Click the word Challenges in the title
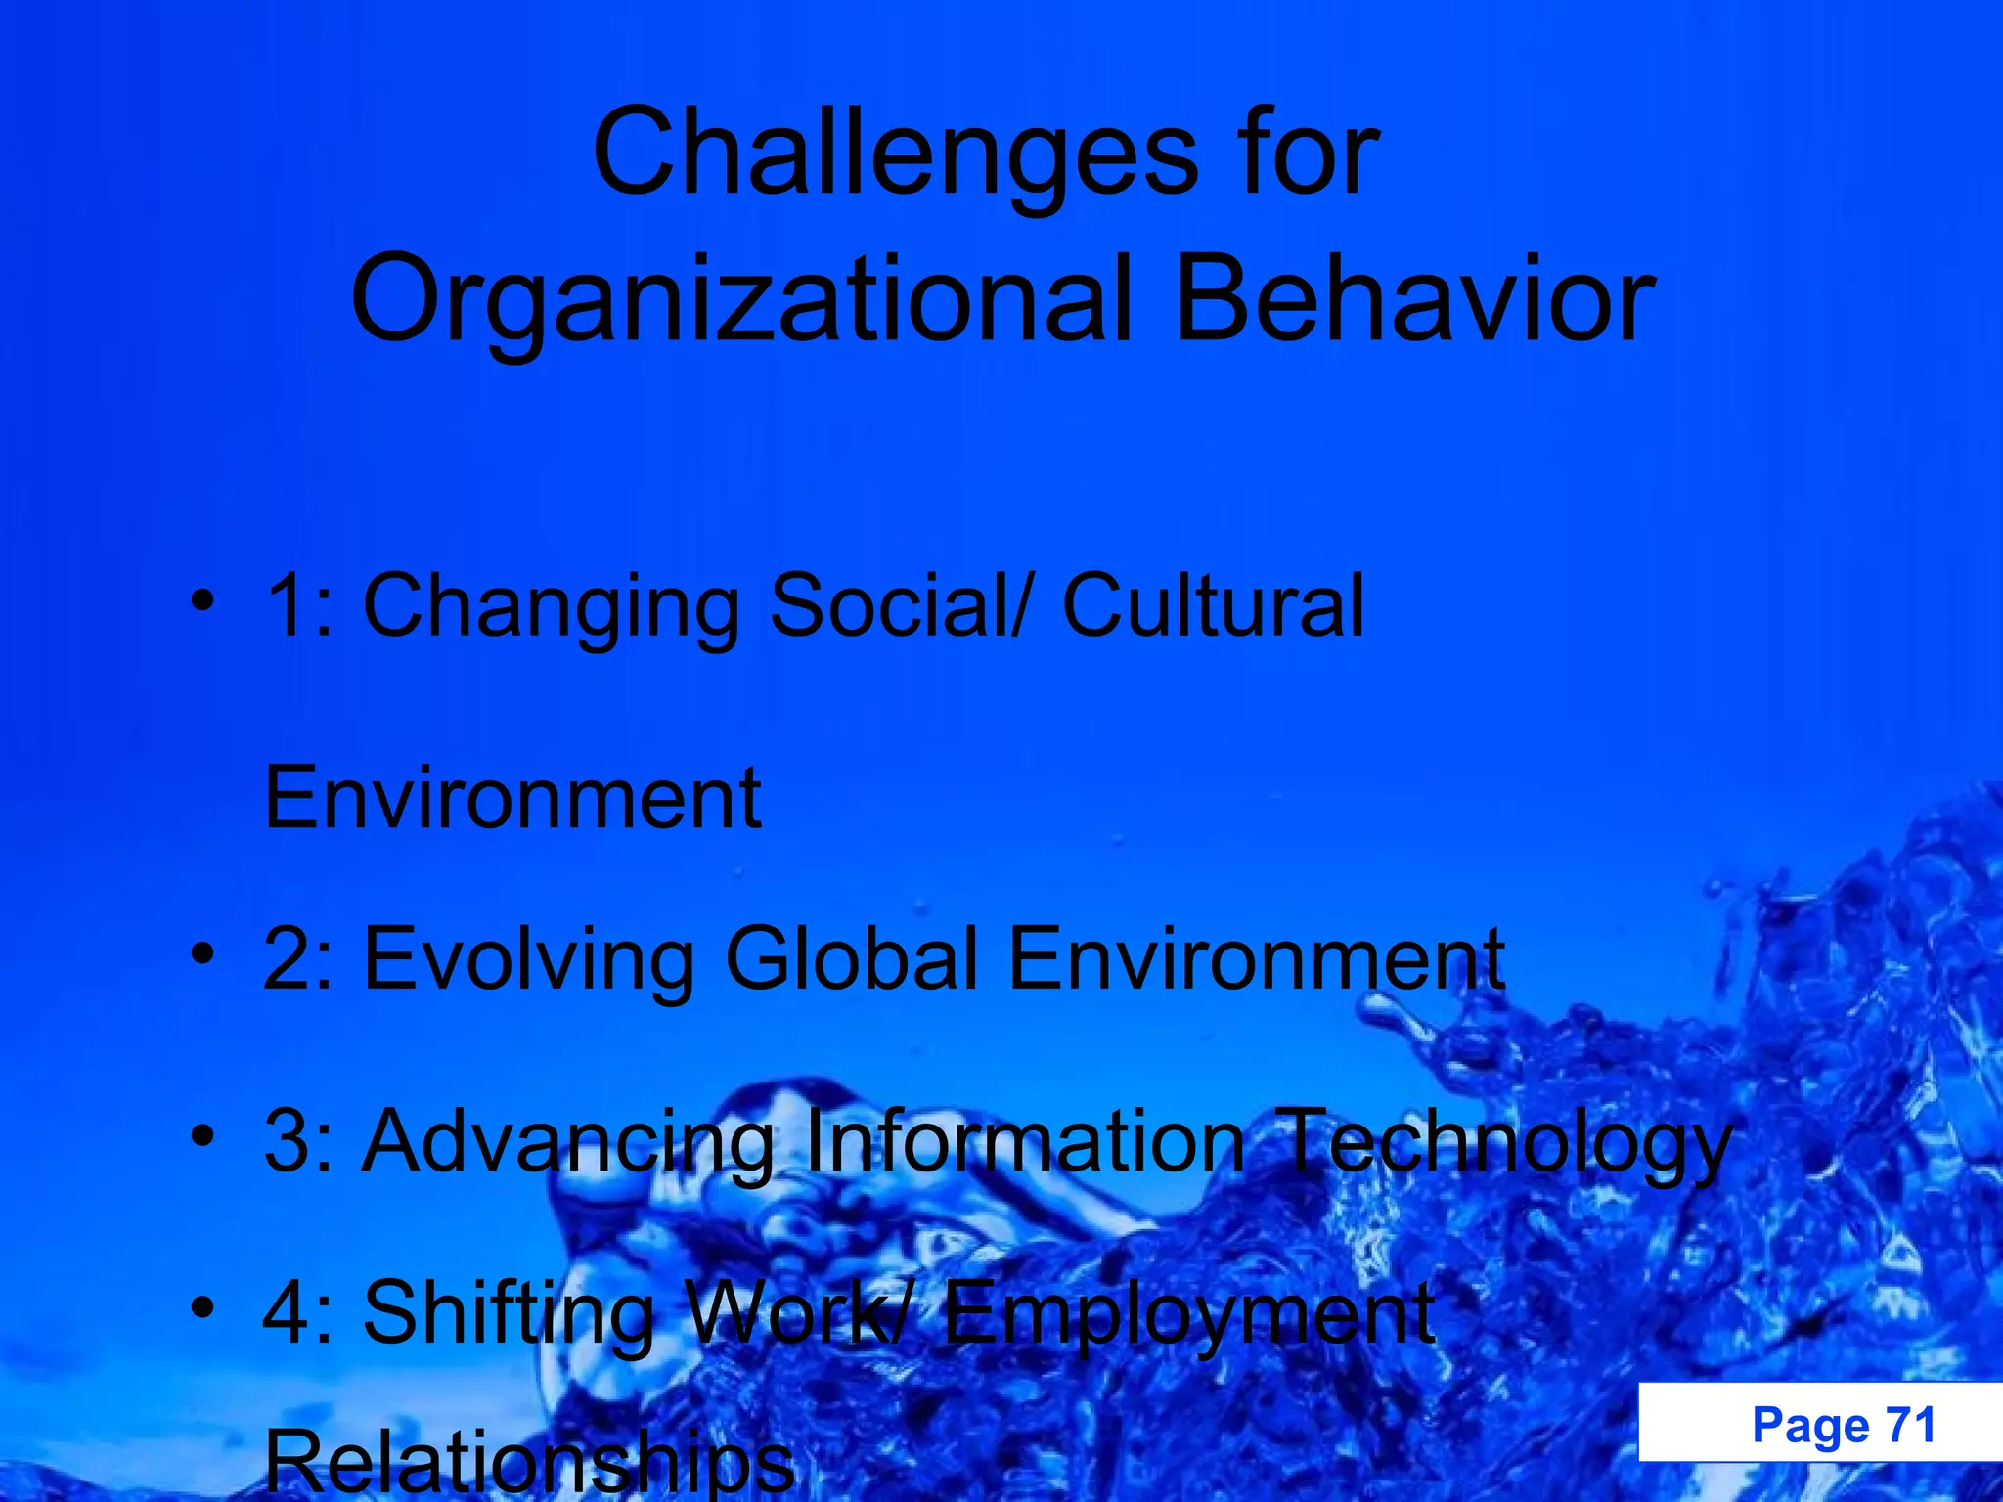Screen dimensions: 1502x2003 (x=895, y=155)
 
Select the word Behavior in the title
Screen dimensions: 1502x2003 (x=1414, y=299)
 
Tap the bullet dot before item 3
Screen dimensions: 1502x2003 (x=202, y=1134)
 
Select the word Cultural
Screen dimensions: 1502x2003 (x=1213, y=606)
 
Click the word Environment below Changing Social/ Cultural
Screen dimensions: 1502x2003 (x=512, y=798)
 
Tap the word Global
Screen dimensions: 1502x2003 (x=851, y=958)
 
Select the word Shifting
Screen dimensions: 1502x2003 (x=509, y=1315)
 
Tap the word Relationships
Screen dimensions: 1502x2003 (x=529, y=1463)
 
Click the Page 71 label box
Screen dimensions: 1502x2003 (x=1819, y=1424)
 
